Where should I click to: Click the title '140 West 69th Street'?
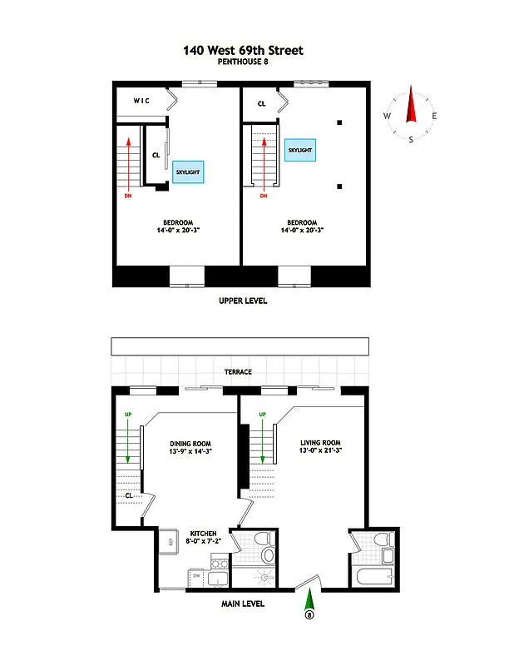click(x=243, y=51)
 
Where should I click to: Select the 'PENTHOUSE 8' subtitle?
click(x=243, y=62)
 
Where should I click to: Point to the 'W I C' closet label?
click(x=142, y=101)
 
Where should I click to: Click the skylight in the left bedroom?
click(x=188, y=171)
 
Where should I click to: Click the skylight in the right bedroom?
click(x=299, y=150)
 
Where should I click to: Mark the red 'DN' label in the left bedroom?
click(x=127, y=196)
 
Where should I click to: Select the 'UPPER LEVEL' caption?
click(x=242, y=301)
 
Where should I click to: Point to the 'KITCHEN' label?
click(x=203, y=532)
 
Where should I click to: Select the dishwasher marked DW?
click(x=196, y=575)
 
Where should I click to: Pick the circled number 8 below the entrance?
click(x=311, y=616)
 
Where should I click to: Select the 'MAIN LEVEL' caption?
click(x=243, y=604)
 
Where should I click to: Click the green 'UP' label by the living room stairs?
click(x=263, y=414)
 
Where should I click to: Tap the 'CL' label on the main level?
click(x=129, y=495)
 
